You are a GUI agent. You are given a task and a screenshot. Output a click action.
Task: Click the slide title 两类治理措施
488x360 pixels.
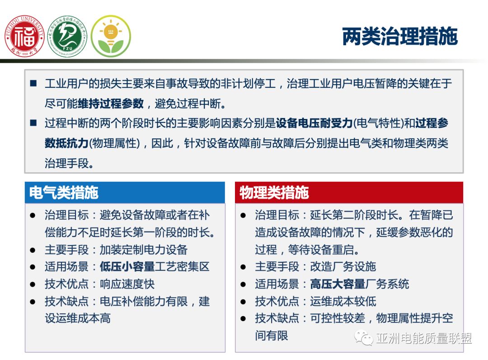point(400,37)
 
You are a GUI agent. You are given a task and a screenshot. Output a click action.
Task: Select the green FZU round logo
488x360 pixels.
point(67,36)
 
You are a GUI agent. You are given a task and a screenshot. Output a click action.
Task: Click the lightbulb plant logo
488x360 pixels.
point(111,36)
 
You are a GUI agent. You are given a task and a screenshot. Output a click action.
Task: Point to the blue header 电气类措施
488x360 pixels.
point(64,193)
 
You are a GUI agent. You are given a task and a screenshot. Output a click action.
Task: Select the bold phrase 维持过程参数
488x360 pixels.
point(111,104)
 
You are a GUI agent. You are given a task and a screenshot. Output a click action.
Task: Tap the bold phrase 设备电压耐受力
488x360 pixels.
point(314,123)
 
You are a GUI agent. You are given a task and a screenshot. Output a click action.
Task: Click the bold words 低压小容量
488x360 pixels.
point(127,267)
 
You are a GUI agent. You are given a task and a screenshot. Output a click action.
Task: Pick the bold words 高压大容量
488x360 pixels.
point(338,284)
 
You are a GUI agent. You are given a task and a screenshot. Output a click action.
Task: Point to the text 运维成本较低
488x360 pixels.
point(343,301)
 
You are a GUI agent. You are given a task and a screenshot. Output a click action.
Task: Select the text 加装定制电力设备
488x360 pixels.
point(143,250)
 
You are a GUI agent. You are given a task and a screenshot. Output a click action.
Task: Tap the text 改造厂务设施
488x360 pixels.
point(343,267)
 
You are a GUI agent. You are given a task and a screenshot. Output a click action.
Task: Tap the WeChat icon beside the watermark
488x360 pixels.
point(363,338)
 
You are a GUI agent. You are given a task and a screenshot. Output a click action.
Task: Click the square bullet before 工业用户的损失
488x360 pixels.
point(33,84)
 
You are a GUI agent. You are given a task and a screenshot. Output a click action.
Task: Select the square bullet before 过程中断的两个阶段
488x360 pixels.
point(33,123)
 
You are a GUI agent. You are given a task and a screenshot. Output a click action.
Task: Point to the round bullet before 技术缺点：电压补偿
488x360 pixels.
point(33,301)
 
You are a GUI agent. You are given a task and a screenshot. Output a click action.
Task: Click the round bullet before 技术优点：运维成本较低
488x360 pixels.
point(244,301)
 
